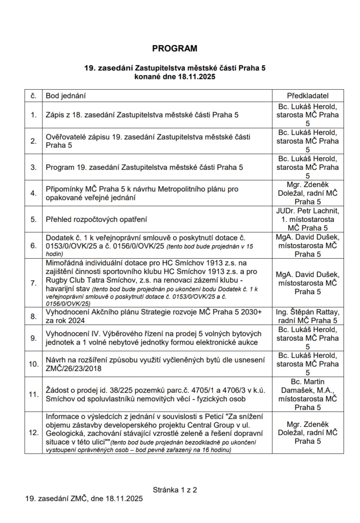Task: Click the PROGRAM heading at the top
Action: click(175, 48)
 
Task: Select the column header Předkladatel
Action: click(308, 96)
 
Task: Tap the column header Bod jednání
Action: click(66, 96)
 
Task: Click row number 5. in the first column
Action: click(34, 219)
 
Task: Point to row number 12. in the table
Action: click(34, 432)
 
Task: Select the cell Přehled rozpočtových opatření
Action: click(96, 219)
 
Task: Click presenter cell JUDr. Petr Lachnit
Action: click(308, 219)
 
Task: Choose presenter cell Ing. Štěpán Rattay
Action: click(308, 316)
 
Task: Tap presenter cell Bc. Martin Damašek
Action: click(308, 394)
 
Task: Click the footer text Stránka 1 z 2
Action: click(175, 490)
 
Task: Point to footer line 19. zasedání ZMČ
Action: click(84, 498)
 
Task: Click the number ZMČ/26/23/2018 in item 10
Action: click(74, 368)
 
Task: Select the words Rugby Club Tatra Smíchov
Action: click(88, 280)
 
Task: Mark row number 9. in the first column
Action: click(34, 338)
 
